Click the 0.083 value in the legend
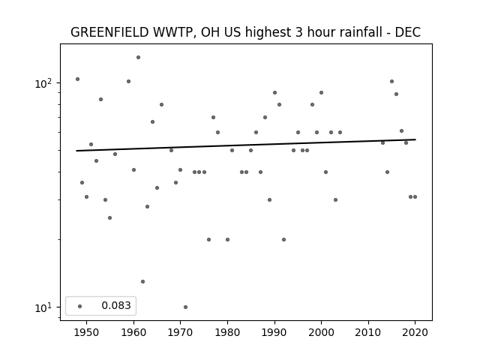116,305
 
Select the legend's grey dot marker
80,306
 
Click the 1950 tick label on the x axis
87,332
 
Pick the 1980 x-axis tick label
227,332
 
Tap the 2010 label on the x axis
368,332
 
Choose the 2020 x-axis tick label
415,332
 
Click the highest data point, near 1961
138,57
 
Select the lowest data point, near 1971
185,307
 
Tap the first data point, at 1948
77,79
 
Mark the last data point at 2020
415,196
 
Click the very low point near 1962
143,282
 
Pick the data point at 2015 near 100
391,82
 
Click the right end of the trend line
415,139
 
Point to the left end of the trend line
76,151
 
